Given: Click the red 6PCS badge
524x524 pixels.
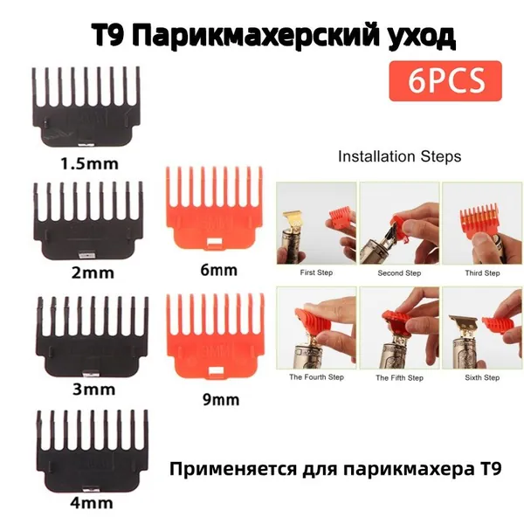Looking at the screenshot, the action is point(445,81).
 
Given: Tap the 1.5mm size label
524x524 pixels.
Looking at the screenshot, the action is point(90,164).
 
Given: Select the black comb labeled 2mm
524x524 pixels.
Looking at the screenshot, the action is point(89,221).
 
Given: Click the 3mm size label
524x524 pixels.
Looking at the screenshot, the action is point(94,390).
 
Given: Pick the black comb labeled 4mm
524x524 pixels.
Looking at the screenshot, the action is point(93,451).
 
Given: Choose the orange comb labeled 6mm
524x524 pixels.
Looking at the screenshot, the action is point(215,208).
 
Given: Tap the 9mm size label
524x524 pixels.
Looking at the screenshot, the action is point(221,400).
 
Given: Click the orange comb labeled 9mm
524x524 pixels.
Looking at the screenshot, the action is point(216,336).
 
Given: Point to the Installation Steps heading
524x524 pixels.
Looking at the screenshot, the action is point(400,156).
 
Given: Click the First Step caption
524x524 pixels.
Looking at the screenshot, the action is point(316,272).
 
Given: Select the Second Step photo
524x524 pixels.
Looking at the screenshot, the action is point(399,224).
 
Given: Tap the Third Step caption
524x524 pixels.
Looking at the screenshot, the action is point(482,273).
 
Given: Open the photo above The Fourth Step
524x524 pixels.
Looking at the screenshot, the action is point(316,327).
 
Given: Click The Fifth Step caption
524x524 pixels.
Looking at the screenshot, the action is point(399,378).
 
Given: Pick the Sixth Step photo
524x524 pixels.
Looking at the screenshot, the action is point(482,327).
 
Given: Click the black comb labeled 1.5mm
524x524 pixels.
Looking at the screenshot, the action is point(86,107).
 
